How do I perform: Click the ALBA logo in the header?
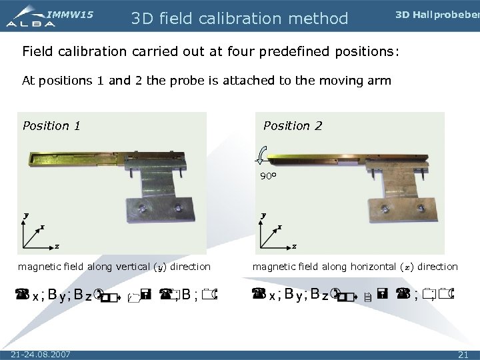coord(30,21)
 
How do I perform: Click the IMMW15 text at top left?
coord(70,13)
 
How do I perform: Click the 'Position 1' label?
coord(51,125)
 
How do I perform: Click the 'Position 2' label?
coord(293,125)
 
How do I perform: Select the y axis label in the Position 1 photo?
coord(26,215)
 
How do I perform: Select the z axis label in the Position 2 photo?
coord(294,247)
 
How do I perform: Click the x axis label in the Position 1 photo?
coord(41,227)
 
